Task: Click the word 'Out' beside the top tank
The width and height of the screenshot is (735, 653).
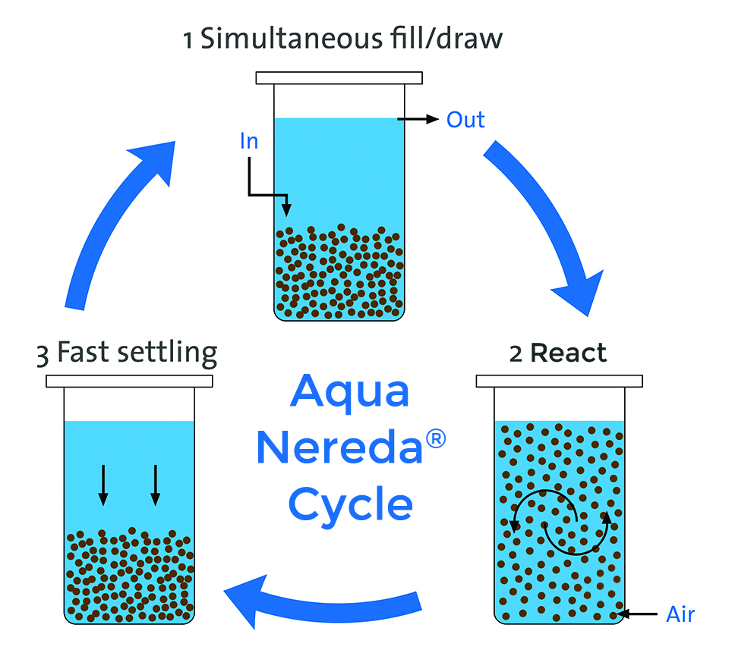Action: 465,120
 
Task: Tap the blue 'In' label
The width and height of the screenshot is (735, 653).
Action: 249,143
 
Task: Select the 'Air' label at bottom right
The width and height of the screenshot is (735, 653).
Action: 680,614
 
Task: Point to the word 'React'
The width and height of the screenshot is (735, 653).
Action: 568,353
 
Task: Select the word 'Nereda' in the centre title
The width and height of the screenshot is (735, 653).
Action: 339,448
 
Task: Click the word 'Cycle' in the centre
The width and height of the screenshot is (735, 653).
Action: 351,504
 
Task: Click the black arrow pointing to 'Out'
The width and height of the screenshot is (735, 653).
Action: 418,119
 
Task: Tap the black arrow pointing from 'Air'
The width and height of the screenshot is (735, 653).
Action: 637,613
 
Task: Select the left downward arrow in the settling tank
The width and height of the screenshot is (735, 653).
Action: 103,485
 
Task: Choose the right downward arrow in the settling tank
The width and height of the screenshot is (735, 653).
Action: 155,485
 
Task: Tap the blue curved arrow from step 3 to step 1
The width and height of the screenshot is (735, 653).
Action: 114,220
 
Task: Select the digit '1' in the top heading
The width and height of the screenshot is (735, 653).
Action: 188,39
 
